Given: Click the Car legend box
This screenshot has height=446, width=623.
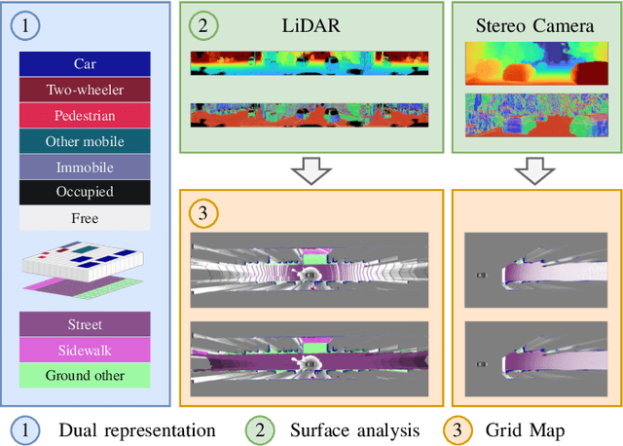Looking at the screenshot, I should click(x=85, y=64).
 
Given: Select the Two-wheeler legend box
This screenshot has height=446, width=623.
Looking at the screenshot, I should click(x=85, y=90).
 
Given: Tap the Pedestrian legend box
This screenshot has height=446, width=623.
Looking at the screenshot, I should click(x=85, y=115).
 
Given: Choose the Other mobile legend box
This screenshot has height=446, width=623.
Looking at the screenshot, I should click(x=85, y=141).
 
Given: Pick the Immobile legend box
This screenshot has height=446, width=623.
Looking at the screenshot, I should click(x=85, y=167).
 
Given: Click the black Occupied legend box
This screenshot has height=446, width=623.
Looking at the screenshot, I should click(x=85, y=192).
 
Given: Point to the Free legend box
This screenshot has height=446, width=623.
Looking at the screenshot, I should click(x=85, y=218).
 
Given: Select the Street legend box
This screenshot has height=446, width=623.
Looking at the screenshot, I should click(x=85, y=323).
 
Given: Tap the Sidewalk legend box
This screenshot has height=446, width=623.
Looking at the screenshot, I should click(x=85, y=349).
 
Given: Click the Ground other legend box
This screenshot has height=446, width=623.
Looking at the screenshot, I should click(x=85, y=374).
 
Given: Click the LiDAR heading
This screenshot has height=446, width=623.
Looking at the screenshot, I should click(x=308, y=26).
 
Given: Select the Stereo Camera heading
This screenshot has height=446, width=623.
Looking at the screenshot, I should click(x=535, y=26).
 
